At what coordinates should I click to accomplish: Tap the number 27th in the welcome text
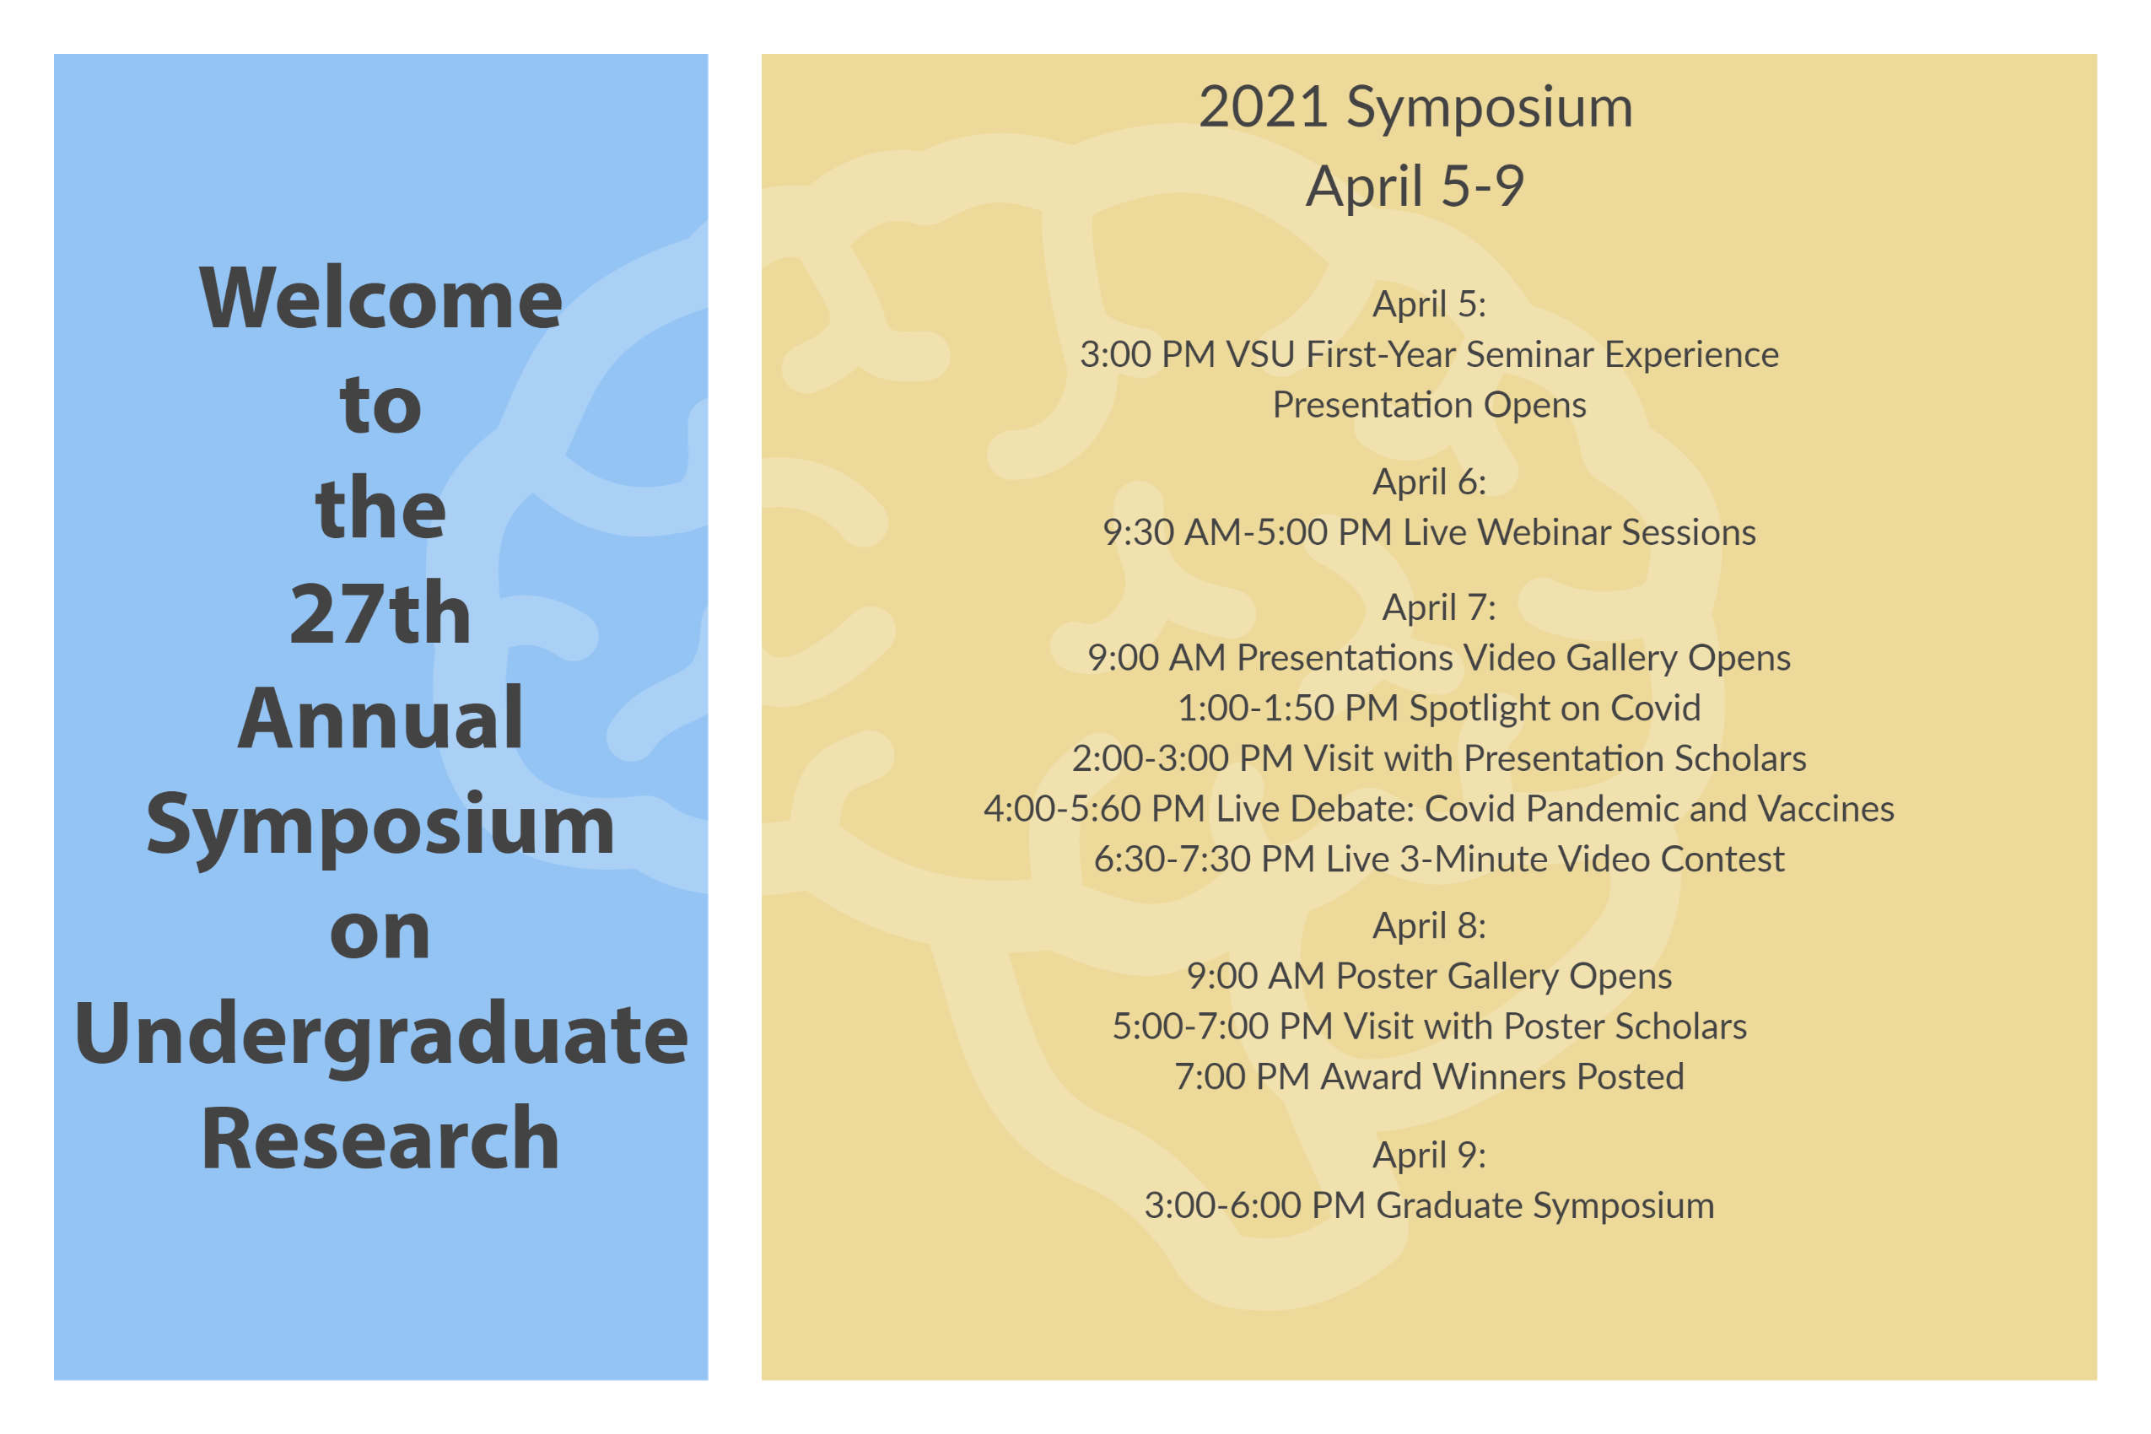tap(380, 612)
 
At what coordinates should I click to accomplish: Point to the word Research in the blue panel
tap(380, 1139)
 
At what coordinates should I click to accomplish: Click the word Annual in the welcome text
tap(380, 718)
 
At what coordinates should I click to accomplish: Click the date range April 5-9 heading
tap(1415, 186)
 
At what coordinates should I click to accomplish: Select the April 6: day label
tap(1430, 482)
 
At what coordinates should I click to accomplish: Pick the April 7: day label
tap(1438, 607)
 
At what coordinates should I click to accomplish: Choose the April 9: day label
tap(1430, 1155)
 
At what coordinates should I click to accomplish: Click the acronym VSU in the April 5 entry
tap(1260, 355)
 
